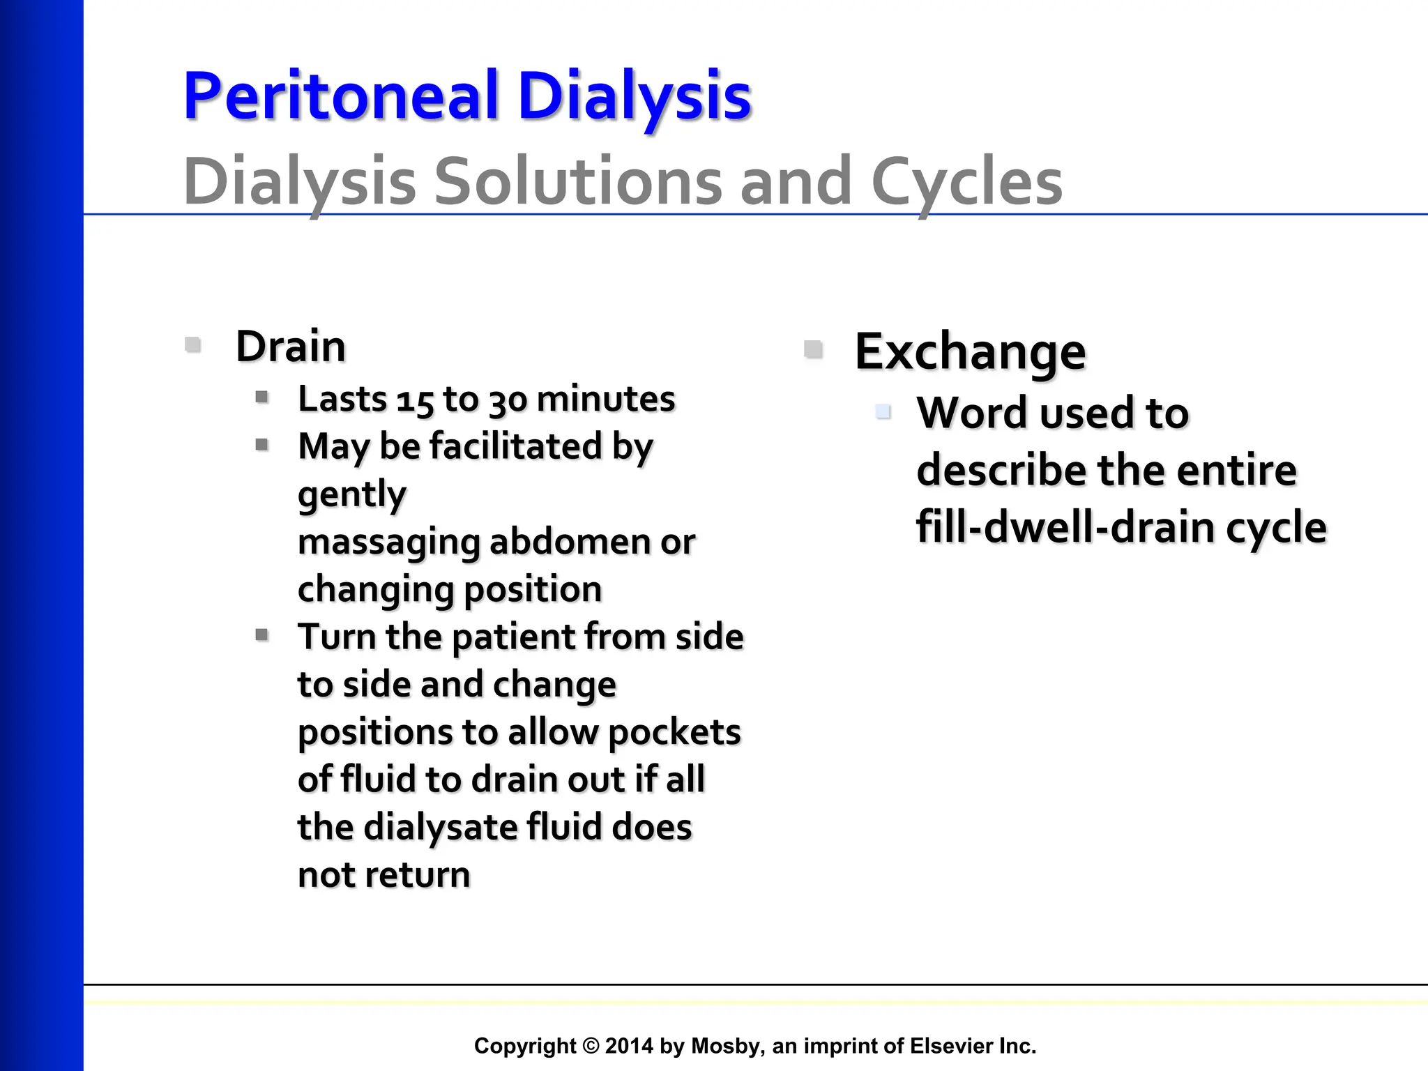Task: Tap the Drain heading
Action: [x=291, y=347]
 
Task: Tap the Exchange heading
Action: [x=970, y=351]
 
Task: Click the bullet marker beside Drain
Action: [x=193, y=344]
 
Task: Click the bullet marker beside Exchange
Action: [x=813, y=349]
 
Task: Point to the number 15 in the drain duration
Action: [x=415, y=401]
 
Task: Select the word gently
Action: [x=351, y=495]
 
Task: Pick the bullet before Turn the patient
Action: [x=262, y=635]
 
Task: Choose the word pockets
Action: [x=674, y=733]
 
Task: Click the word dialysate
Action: [x=440, y=828]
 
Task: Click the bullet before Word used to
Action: [x=883, y=411]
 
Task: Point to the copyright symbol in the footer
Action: [x=591, y=1046]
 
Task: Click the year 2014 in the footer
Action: [x=629, y=1046]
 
